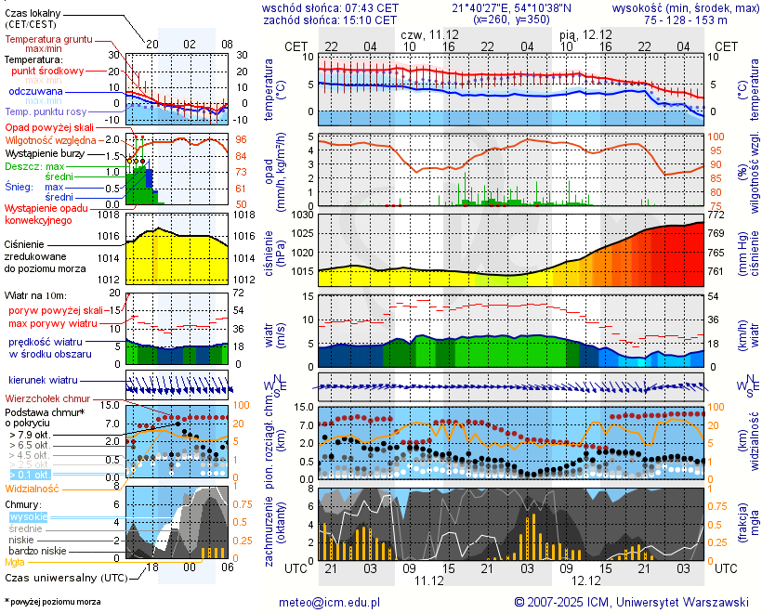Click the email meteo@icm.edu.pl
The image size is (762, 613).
330,602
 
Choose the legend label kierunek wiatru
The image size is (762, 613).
43,381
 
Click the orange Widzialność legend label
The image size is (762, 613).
32,488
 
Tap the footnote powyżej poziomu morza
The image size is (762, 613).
54,602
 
